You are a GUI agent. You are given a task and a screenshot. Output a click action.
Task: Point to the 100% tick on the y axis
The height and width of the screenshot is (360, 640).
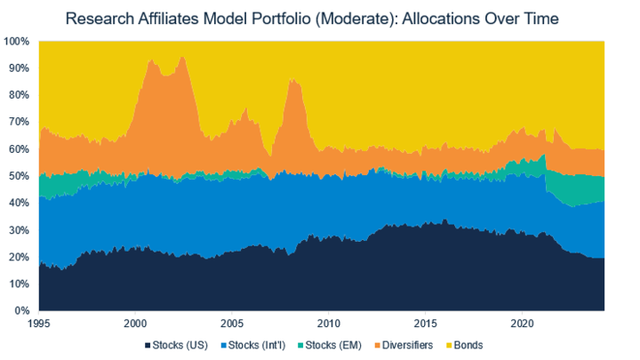(x=18, y=41)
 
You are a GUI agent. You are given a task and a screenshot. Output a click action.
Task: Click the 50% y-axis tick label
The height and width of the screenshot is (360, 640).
(x=20, y=176)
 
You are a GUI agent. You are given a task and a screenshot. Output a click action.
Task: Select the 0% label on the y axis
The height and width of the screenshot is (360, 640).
(x=24, y=311)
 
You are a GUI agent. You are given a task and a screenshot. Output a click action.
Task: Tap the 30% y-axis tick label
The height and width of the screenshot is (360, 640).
(x=20, y=230)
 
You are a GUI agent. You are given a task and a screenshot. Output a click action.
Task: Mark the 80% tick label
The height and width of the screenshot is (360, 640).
(x=20, y=95)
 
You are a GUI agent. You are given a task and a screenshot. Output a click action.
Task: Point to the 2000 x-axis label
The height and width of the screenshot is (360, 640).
(x=136, y=324)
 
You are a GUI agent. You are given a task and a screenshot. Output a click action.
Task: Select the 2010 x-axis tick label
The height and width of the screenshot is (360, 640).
(x=329, y=324)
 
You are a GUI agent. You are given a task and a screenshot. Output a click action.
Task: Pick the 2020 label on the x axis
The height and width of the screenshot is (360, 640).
(x=522, y=324)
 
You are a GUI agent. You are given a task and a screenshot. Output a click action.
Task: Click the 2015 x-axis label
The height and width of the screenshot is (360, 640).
(x=426, y=324)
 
